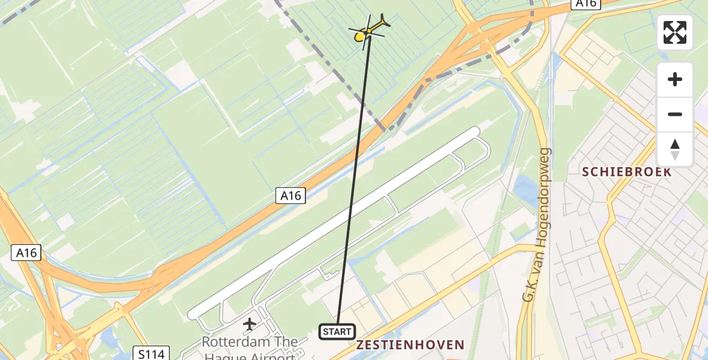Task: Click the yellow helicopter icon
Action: click(368, 31)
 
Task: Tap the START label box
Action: click(337, 332)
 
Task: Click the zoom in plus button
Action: click(675, 79)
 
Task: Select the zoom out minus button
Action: click(675, 114)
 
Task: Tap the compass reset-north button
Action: click(675, 149)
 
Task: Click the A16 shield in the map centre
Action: click(291, 196)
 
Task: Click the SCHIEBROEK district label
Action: click(626, 172)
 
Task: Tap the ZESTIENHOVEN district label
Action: click(410, 345)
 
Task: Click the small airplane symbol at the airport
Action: click(250, 325)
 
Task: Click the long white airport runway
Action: click(336, 222)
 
